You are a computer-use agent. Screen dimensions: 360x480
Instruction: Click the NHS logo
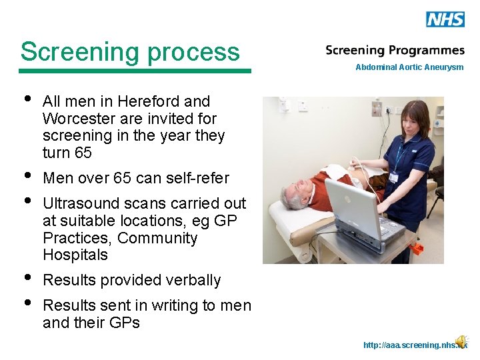pos(445,19)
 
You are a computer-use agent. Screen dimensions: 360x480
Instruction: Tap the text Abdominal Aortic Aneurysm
pos(409,67)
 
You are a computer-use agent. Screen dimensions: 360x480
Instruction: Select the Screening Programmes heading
pos(395,51)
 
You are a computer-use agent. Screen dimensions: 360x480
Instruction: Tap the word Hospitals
pos(75,255)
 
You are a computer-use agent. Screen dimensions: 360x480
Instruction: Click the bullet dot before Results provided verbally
pos(26,278)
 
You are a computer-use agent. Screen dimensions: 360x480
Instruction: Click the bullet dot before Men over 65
pos(26,176)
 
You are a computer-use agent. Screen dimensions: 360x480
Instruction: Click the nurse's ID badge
pos(393,177)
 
